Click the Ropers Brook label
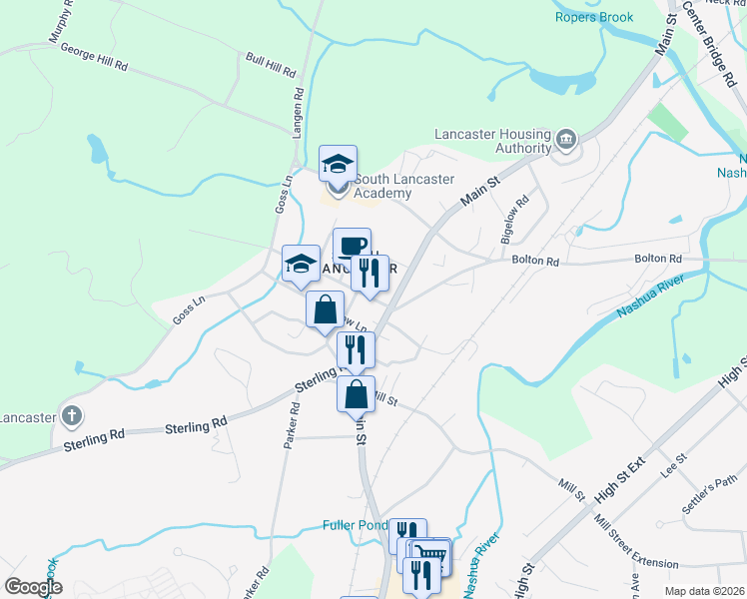[x=595, y=17]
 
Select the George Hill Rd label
[x=94, y=56]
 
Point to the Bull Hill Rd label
[x=271, y=66]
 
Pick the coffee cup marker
[x=352, y=246]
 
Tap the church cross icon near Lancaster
[x=71, y=414]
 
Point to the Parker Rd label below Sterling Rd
[x=291, y=424]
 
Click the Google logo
[x=33, y=587]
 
